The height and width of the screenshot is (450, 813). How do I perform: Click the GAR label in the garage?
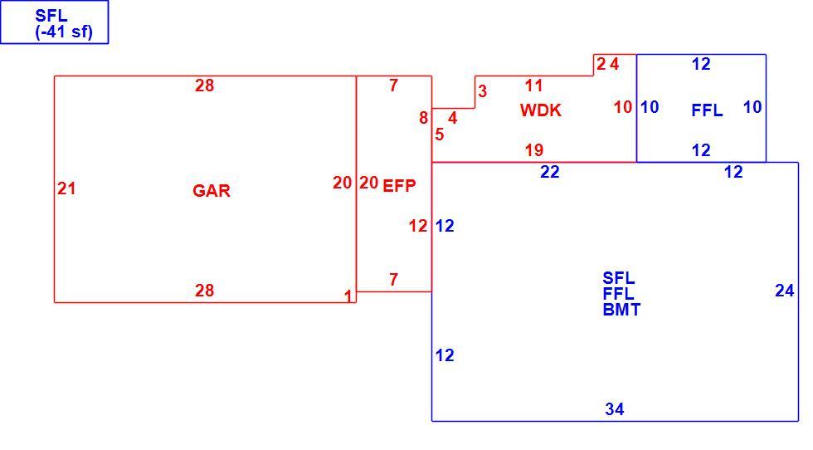coord(212,190)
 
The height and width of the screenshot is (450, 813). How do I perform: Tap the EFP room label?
coord(399,186)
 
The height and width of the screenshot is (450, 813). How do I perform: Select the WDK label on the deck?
coord(541,110)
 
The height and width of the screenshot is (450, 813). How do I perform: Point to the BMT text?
coord(621,310)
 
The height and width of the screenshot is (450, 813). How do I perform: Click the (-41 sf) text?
coord(64,32)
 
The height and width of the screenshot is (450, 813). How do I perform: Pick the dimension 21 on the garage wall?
coord(66,188)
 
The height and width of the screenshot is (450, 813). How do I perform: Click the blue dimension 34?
coord(615,409)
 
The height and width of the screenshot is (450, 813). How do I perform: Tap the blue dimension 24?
coord(785,291)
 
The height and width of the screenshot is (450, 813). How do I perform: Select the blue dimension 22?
coord(549,172)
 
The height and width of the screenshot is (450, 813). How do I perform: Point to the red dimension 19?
coord(534,150)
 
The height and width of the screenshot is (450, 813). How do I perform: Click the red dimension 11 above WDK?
coord(534,86)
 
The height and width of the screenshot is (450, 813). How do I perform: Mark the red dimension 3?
coord(482,91)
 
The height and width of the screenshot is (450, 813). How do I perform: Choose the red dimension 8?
coord(424,118)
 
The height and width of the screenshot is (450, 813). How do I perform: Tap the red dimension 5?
coord(439,135)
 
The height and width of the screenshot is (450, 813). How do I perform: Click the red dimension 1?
coord(348,296)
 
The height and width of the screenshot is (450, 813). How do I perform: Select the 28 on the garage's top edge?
coord(204,86)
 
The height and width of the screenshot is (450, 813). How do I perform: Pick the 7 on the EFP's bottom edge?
coord(393,280)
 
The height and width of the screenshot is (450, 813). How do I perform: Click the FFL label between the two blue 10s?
coord(707,110)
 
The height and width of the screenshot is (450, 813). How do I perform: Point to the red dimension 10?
coord(623,107)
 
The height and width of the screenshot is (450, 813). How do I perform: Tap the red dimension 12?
coord(418,226)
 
